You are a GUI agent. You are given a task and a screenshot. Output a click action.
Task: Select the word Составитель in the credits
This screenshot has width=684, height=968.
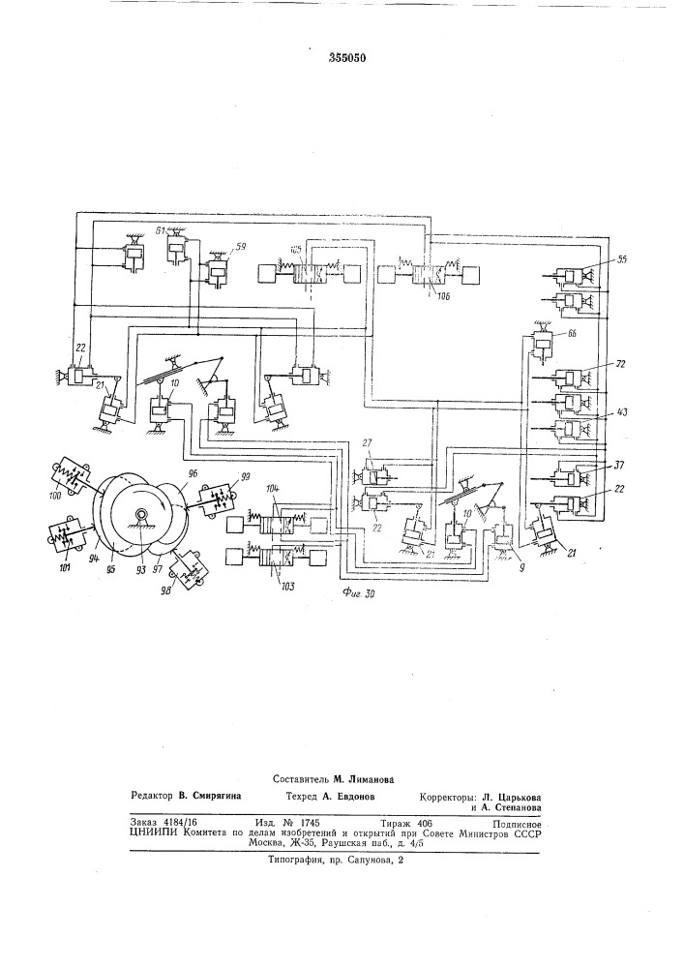[305, 778]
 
